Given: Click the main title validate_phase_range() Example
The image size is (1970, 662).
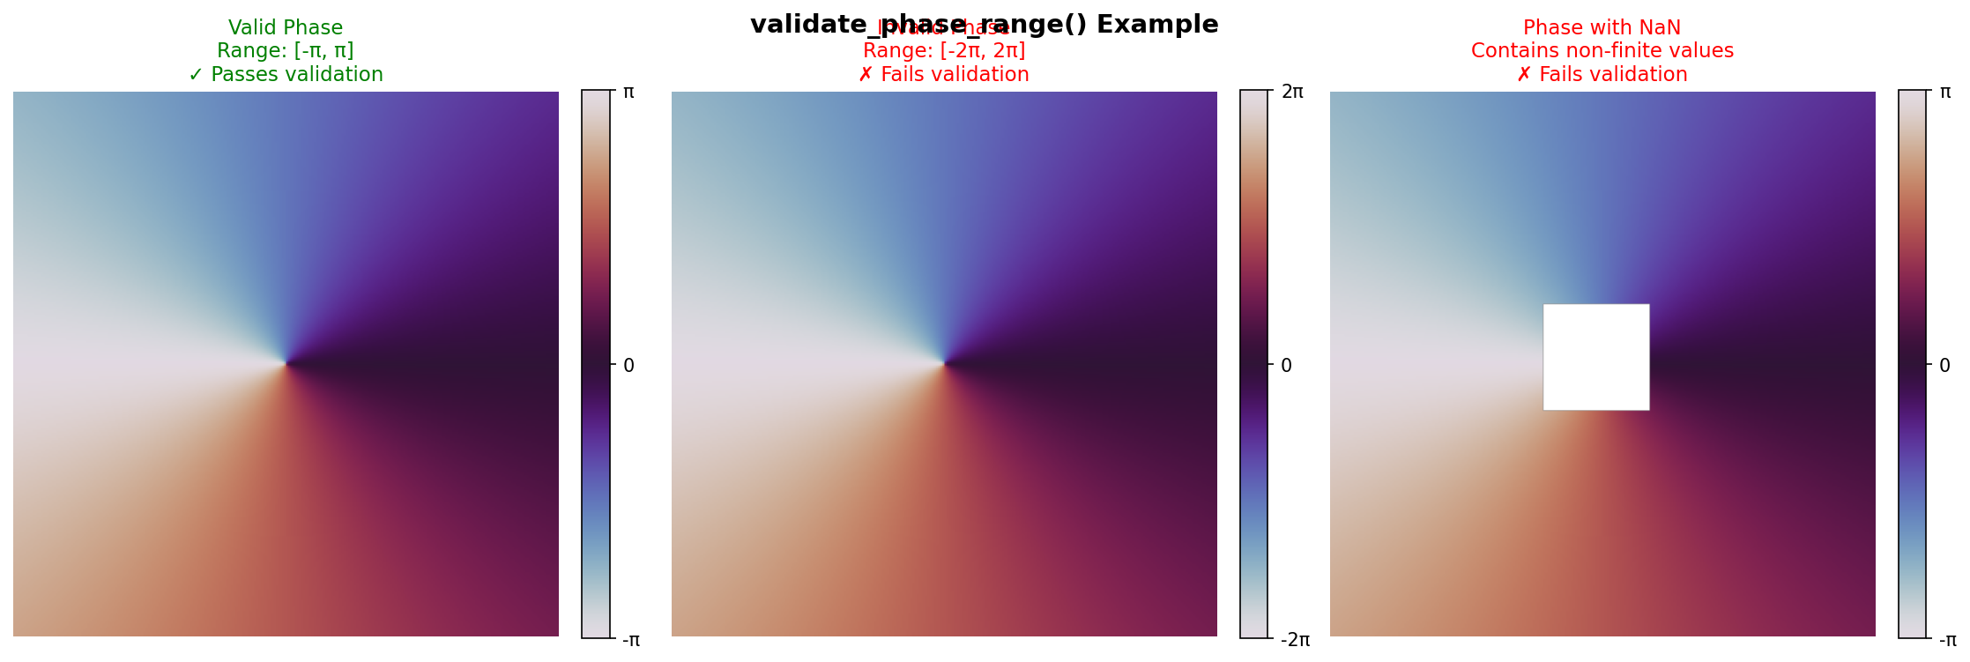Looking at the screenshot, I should coord(984,25).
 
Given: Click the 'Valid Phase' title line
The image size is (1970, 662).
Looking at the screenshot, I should coord(286,28).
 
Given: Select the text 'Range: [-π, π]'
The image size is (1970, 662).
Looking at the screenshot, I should coord(286,51).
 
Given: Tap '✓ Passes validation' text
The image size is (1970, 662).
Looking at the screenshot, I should coord(286,75).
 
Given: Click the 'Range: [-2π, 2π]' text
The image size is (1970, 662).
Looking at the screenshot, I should coord(944,51).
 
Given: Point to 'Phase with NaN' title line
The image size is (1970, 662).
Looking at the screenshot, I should coord(1602,28).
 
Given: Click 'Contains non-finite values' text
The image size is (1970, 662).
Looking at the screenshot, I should coord(1602,51).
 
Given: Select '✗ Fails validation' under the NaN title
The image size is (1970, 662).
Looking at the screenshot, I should coord(1602,75).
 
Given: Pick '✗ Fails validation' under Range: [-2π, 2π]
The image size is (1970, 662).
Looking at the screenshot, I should coord(944,75).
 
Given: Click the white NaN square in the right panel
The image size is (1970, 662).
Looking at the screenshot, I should coord(1595,357).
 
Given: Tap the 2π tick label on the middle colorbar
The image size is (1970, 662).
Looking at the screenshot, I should coord(1292,92).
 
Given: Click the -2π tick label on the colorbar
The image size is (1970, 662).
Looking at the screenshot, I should coord(1295,640).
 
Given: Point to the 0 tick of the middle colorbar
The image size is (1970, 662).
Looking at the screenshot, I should coord(1286,366).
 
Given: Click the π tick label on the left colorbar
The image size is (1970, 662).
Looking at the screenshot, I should coord(628,92).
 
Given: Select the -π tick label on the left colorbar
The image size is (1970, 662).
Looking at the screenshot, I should coord(631,640).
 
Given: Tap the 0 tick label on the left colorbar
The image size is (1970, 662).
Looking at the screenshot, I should coord(628,366).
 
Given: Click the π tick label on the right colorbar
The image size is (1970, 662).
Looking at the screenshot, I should coord(1945,92).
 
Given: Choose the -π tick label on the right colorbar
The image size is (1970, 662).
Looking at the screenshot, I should coord(1948,640).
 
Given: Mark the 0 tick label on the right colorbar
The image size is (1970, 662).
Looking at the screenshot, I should coord(1944,366).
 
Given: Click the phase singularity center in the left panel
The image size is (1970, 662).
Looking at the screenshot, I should coord(286,363).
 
